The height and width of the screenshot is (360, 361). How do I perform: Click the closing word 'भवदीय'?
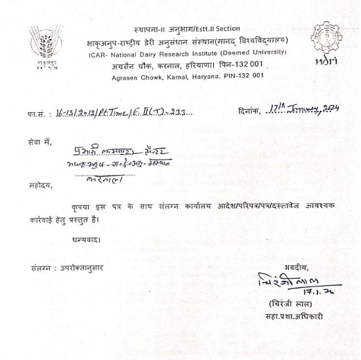click(x=297, y=266)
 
